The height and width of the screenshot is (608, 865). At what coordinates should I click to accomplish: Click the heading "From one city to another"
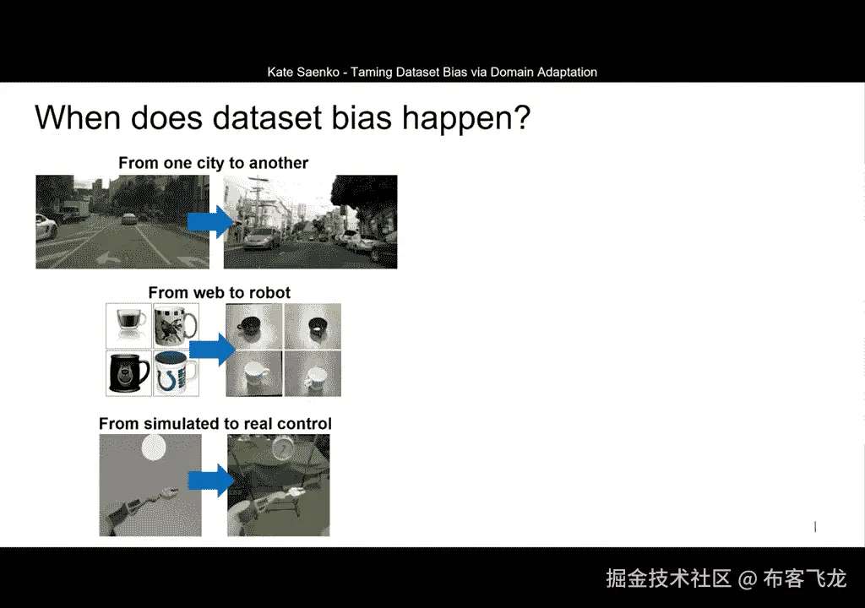point(213,163)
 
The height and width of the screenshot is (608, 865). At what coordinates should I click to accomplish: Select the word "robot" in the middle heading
point(269,292)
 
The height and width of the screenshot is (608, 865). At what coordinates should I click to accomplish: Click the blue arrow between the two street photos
point(210,222)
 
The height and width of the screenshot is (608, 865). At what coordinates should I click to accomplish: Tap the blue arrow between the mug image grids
point(212,350)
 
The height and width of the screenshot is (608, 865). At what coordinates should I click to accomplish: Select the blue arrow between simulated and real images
point(211,480)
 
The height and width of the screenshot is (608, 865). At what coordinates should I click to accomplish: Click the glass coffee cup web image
point(128,325)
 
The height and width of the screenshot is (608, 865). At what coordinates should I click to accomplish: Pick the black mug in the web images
point(129,373)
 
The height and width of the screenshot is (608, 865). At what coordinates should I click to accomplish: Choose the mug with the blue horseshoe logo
point(176,373)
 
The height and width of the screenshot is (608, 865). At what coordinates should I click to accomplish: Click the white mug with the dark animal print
point(176,325)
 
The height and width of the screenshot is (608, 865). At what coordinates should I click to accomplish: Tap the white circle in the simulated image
point(154,448)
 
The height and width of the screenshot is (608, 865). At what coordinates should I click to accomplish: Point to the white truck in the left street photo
point(74,210)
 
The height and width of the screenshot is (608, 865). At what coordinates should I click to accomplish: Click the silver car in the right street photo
point(263,239)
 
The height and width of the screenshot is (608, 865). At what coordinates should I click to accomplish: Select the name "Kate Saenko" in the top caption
point(303,72)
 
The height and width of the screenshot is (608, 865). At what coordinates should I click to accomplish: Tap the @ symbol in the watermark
point(747,578)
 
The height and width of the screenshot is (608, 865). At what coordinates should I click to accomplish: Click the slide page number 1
point(815,527)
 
